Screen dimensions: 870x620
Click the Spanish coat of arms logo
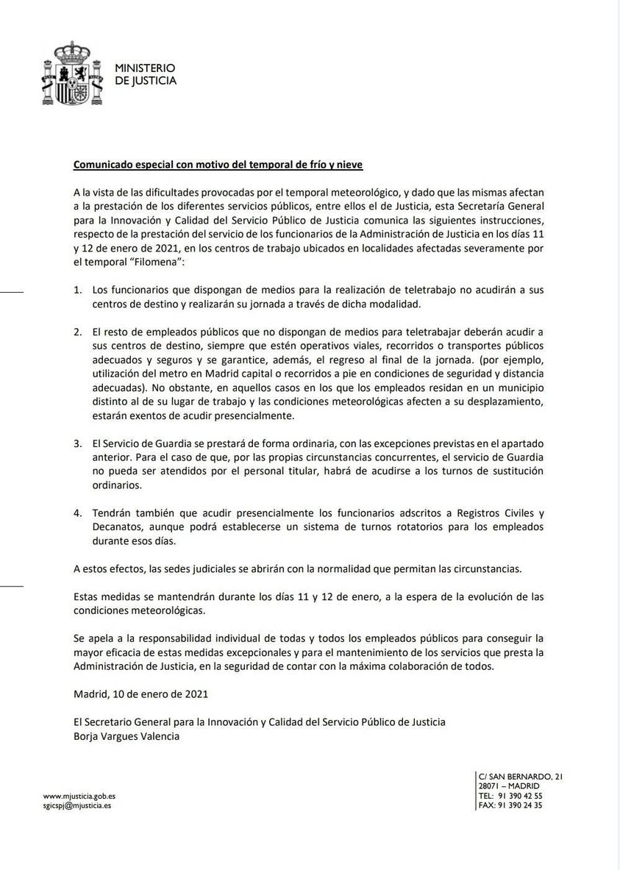point(71,74)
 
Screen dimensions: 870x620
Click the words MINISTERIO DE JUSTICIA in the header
point(146,74)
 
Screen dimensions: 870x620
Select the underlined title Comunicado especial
point(218,164)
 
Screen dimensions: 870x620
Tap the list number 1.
point(77,290)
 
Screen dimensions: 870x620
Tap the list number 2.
point(77,332)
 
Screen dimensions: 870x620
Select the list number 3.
point(77,444)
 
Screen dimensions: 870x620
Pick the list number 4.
point(77,513)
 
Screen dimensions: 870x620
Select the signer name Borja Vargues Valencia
point(127,735)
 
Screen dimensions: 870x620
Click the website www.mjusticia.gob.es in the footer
point(79,796)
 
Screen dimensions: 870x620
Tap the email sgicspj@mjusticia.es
point(77,805)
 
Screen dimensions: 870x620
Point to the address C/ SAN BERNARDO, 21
point(520,777)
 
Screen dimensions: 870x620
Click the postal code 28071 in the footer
point(491,786)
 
